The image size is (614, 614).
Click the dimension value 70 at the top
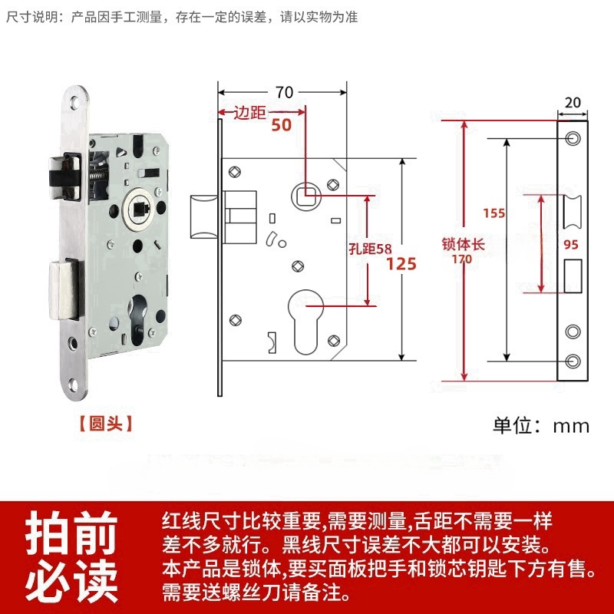[284, 92]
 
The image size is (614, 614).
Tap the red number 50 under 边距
[282, 125]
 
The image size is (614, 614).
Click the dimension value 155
[494, 213]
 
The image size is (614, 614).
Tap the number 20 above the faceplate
[573, 101]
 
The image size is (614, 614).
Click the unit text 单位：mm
[540, 425]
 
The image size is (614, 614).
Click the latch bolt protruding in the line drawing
[202, 219]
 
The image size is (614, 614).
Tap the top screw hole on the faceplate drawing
[573, 139]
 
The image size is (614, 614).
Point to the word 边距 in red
[250, 113]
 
